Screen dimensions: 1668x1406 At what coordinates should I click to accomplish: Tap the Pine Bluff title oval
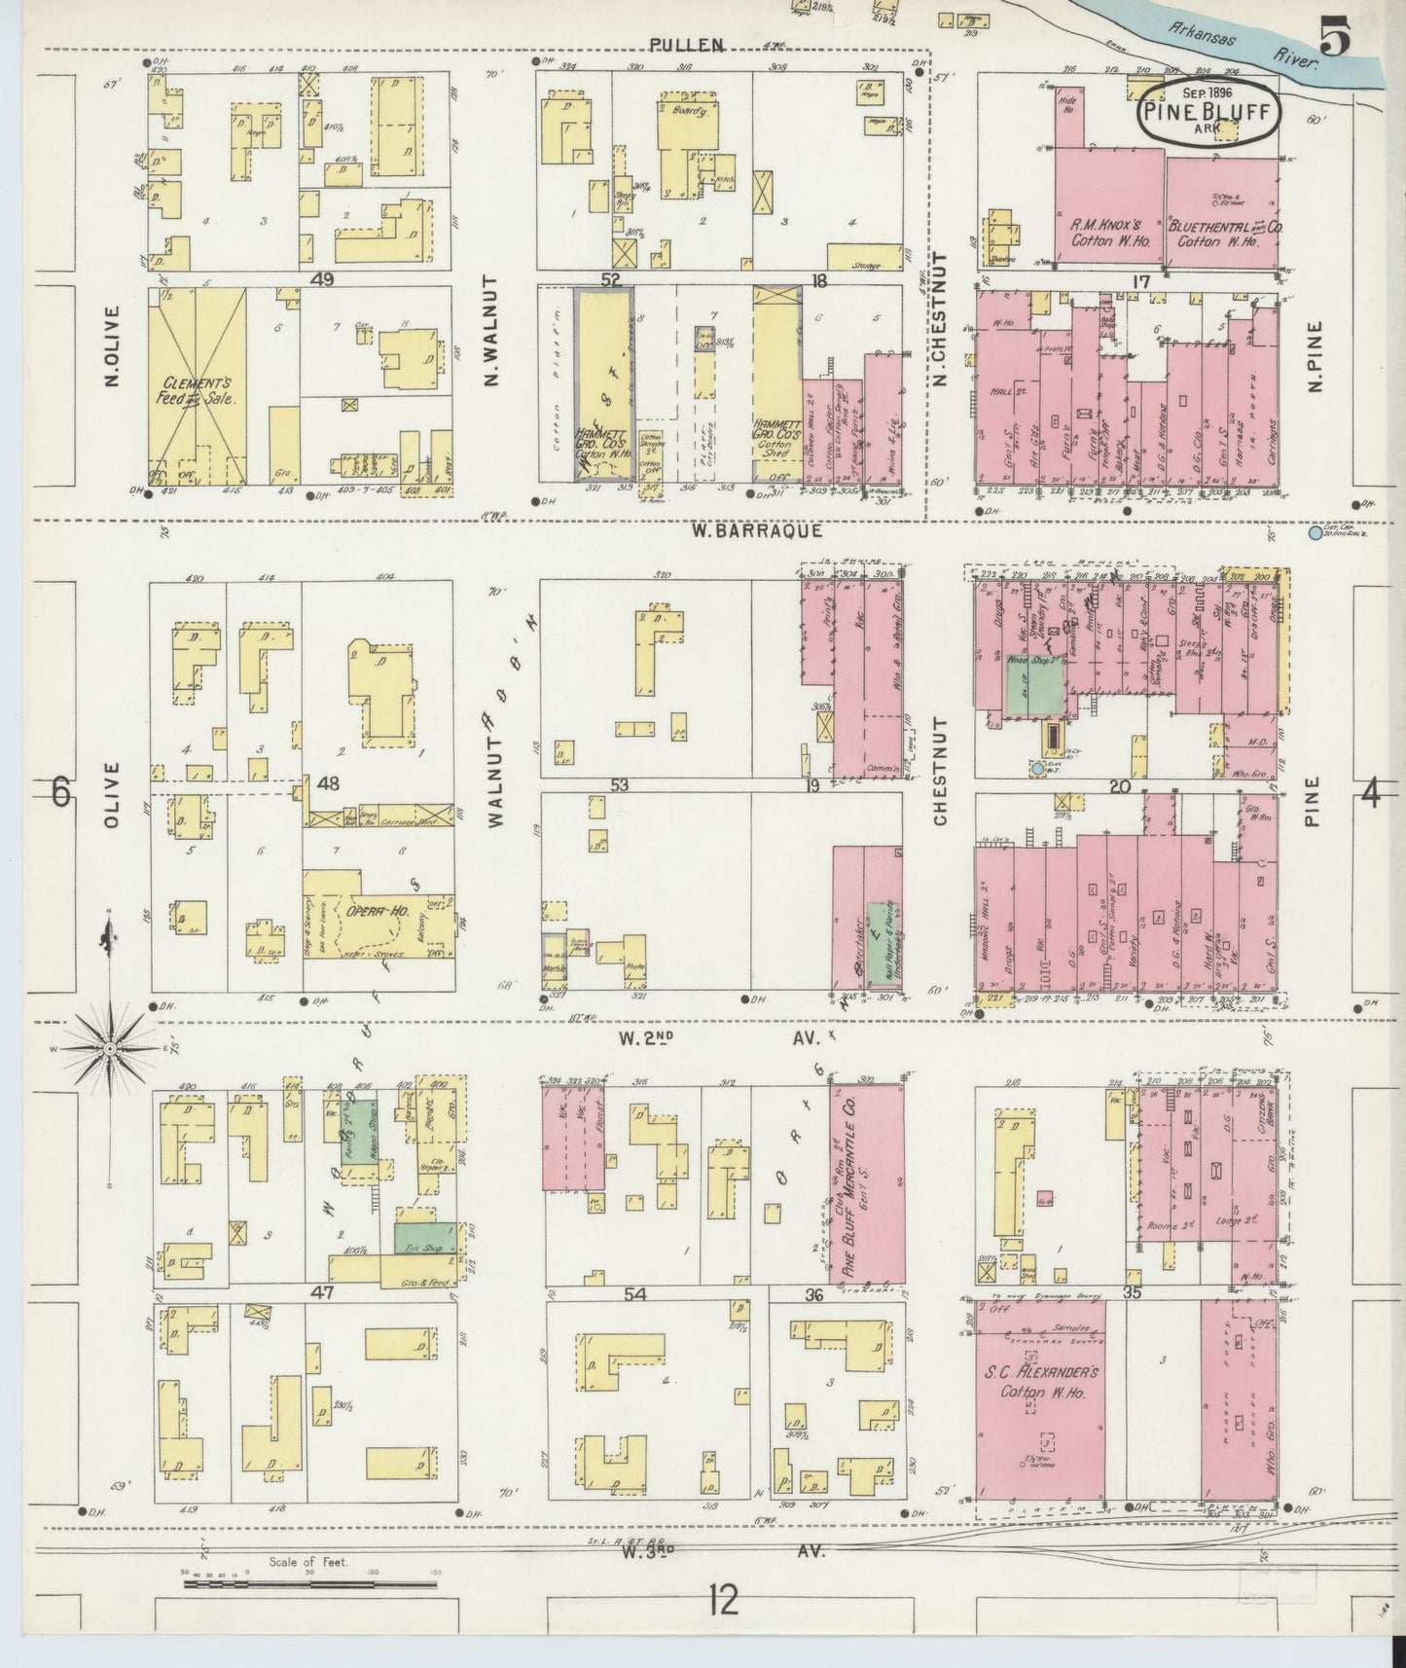[x=1208, y=113]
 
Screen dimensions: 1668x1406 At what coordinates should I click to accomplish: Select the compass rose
[x=109, y=1049]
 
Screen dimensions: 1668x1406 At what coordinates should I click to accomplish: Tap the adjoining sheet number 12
[x=722, y=1625]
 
